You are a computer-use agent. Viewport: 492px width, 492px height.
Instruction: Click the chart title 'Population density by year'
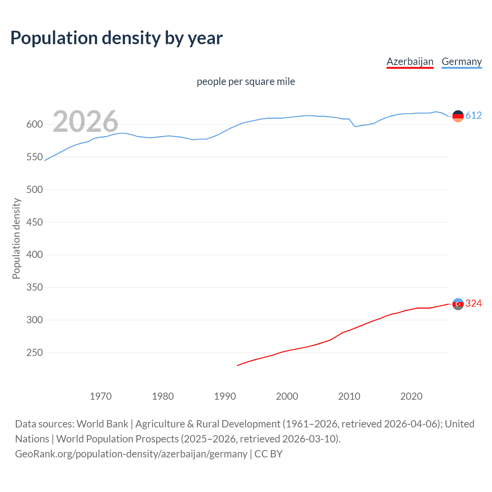(x=116, y=38)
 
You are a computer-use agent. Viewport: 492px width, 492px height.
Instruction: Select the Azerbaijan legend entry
(x=410, y=61)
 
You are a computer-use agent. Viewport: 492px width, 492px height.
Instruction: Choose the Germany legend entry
(x=461, y=61)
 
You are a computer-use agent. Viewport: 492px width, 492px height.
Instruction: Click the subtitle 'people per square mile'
(x=246, y=81)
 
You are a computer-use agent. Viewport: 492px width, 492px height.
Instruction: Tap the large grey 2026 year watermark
(x=85, y=121)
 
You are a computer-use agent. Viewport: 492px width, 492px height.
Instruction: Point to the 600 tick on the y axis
(x=34, y=124)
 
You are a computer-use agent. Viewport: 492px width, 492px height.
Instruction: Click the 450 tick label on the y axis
(x=34, y=222)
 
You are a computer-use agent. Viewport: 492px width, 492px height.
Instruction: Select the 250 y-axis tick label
(x=34, y=352)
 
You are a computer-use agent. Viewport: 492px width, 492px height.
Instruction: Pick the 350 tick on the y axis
(x=34, y=287)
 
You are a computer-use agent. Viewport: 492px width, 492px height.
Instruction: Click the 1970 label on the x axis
(x=101, y=396)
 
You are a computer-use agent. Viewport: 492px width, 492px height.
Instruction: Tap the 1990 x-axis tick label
(x=225, y=396)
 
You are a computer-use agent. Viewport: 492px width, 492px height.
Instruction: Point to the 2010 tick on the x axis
(x=349, y=396)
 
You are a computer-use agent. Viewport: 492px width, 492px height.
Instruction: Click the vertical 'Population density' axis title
(x=16, y=238)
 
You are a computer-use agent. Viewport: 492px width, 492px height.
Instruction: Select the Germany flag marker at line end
(x=458, y=116)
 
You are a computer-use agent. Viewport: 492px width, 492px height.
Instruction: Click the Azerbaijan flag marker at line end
(x=458, y=304)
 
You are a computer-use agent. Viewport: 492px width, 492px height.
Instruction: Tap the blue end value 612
(x=474, y=115)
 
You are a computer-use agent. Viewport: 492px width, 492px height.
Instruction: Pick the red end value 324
(x=474, y=303)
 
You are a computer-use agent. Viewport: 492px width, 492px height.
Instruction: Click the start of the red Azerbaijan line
(x=238, y=366)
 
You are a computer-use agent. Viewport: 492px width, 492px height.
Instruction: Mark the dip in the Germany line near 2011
(x=355, y=126)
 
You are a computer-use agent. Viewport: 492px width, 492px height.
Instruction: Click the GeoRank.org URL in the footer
(x=131, y=454)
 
